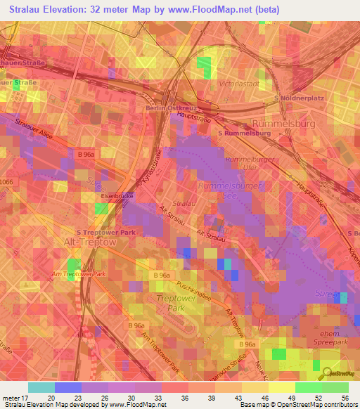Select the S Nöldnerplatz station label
click(x=300, y=98)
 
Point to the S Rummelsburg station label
click(x=245, y=133)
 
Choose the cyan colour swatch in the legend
click(x=41, y=387)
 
